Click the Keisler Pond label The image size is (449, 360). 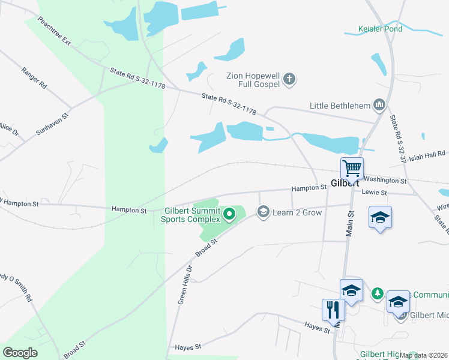coord(380,29)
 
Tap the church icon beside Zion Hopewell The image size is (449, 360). coord(289,79)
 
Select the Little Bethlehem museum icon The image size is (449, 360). coord(379,106)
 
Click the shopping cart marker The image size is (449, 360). coord(352,168)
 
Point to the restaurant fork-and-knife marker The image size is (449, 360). coord(333,310)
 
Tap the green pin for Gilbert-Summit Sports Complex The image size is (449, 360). coord(229,214)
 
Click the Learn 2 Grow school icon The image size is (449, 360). coord(262,212)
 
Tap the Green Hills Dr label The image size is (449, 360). coord(184,285)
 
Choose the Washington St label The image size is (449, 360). coord(385,179)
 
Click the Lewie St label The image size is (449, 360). coord(375,192)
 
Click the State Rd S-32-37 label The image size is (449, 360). coord(399,140)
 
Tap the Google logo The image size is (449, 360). coord(20,353)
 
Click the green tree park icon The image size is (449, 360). coord(377,293)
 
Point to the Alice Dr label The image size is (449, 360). coord(8,129)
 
